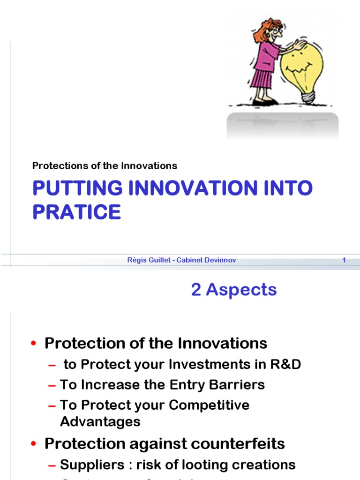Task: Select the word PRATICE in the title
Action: click(77, 212)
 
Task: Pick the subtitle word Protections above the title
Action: click(54, 165)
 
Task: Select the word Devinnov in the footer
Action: click(220, 260)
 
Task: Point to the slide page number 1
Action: click(344, 260)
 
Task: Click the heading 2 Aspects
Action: click(234, 290)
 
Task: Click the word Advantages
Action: click(100, 421)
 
